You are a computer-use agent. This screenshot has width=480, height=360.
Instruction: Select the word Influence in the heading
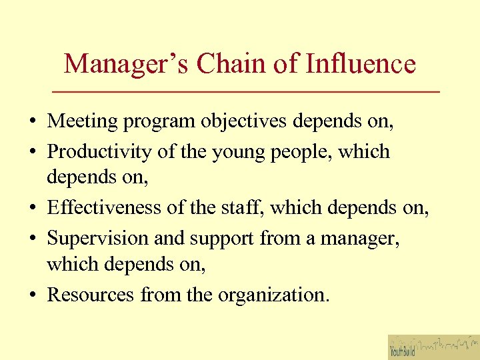(361, 64)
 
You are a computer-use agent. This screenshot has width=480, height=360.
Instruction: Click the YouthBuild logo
(433, 347)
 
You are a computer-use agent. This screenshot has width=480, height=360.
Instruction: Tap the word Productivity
(100, 152)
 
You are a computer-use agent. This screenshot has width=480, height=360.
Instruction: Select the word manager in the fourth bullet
(359, 239)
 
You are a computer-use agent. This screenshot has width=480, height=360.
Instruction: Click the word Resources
(91, 294)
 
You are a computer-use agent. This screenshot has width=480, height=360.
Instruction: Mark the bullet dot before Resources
(33, 295)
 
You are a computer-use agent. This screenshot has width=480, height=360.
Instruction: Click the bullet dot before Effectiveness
(33, 209)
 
